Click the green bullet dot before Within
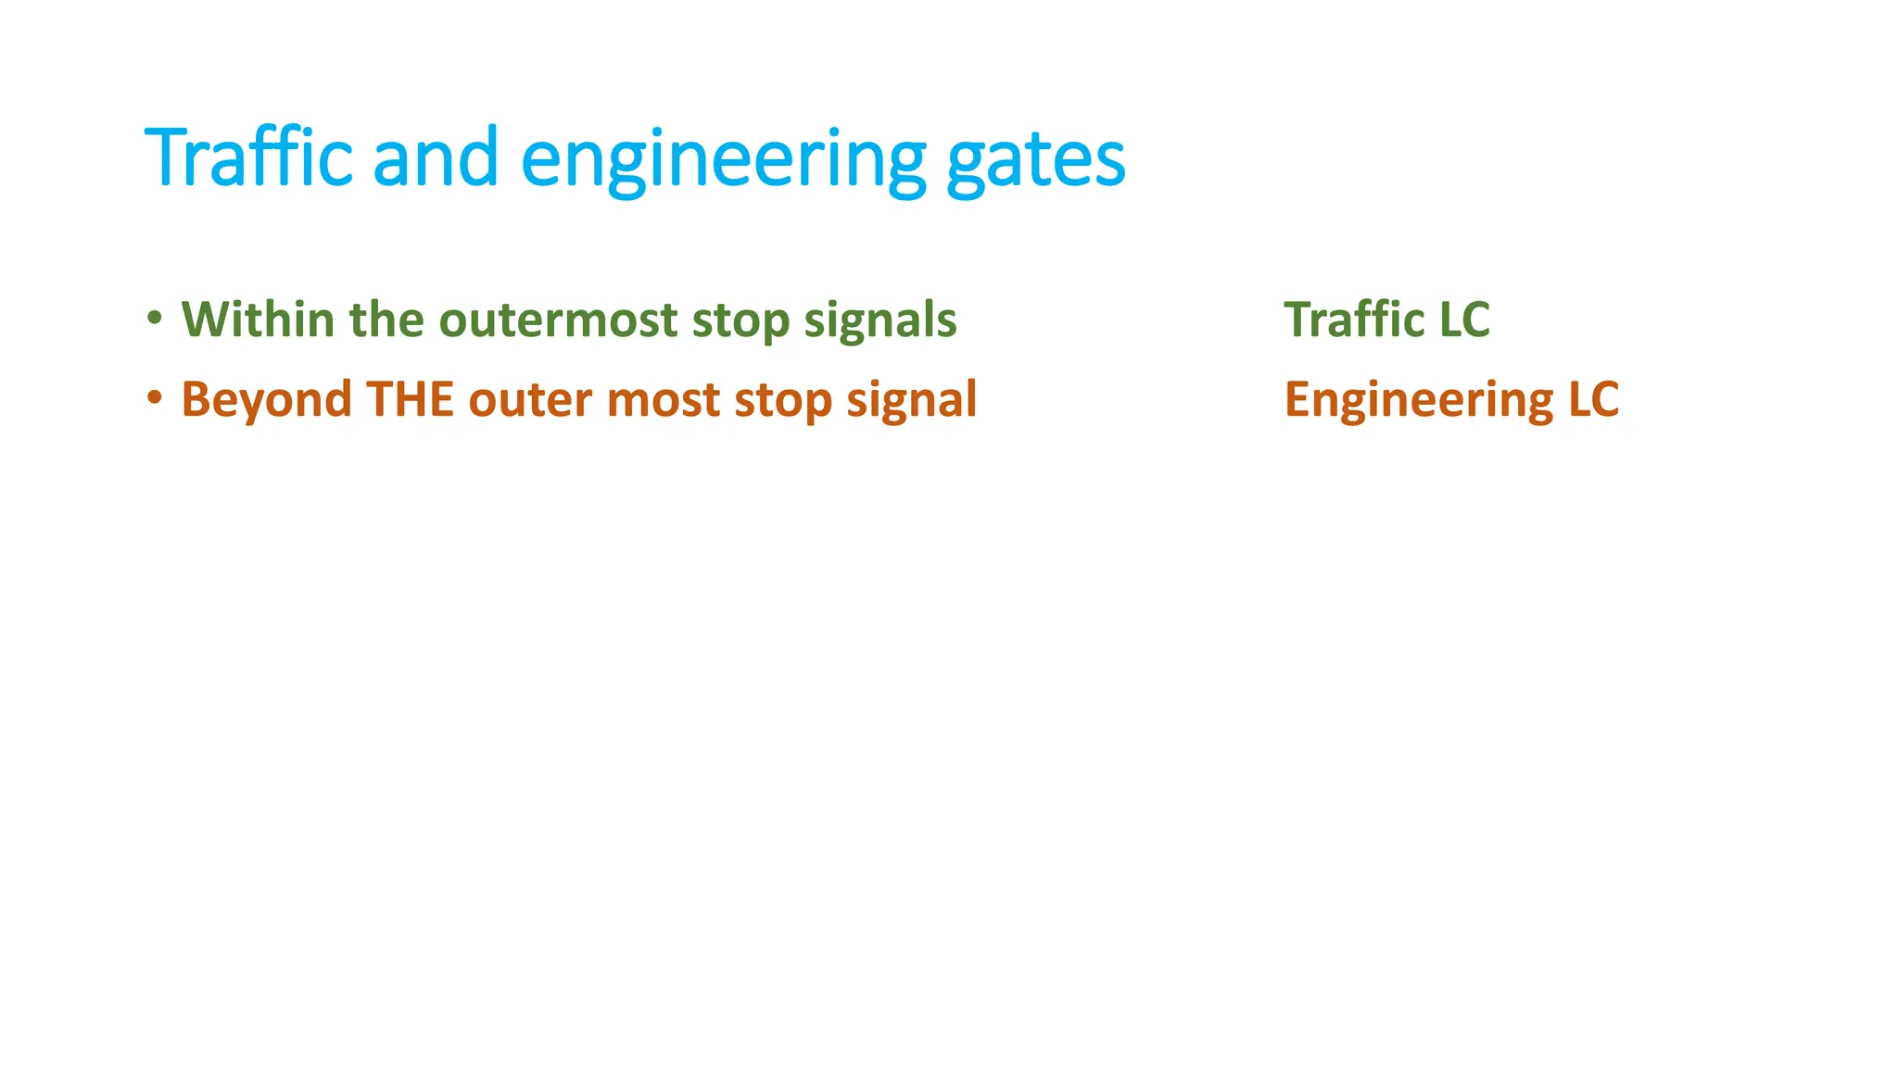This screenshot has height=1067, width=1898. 155,319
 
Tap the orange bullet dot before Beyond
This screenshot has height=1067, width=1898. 155,398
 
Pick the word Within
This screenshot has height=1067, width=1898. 258,320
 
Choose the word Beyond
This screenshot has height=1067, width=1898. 266,400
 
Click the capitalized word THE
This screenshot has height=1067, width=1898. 410,399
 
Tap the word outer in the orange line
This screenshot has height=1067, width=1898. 530,400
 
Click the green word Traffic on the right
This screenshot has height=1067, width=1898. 1354,320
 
